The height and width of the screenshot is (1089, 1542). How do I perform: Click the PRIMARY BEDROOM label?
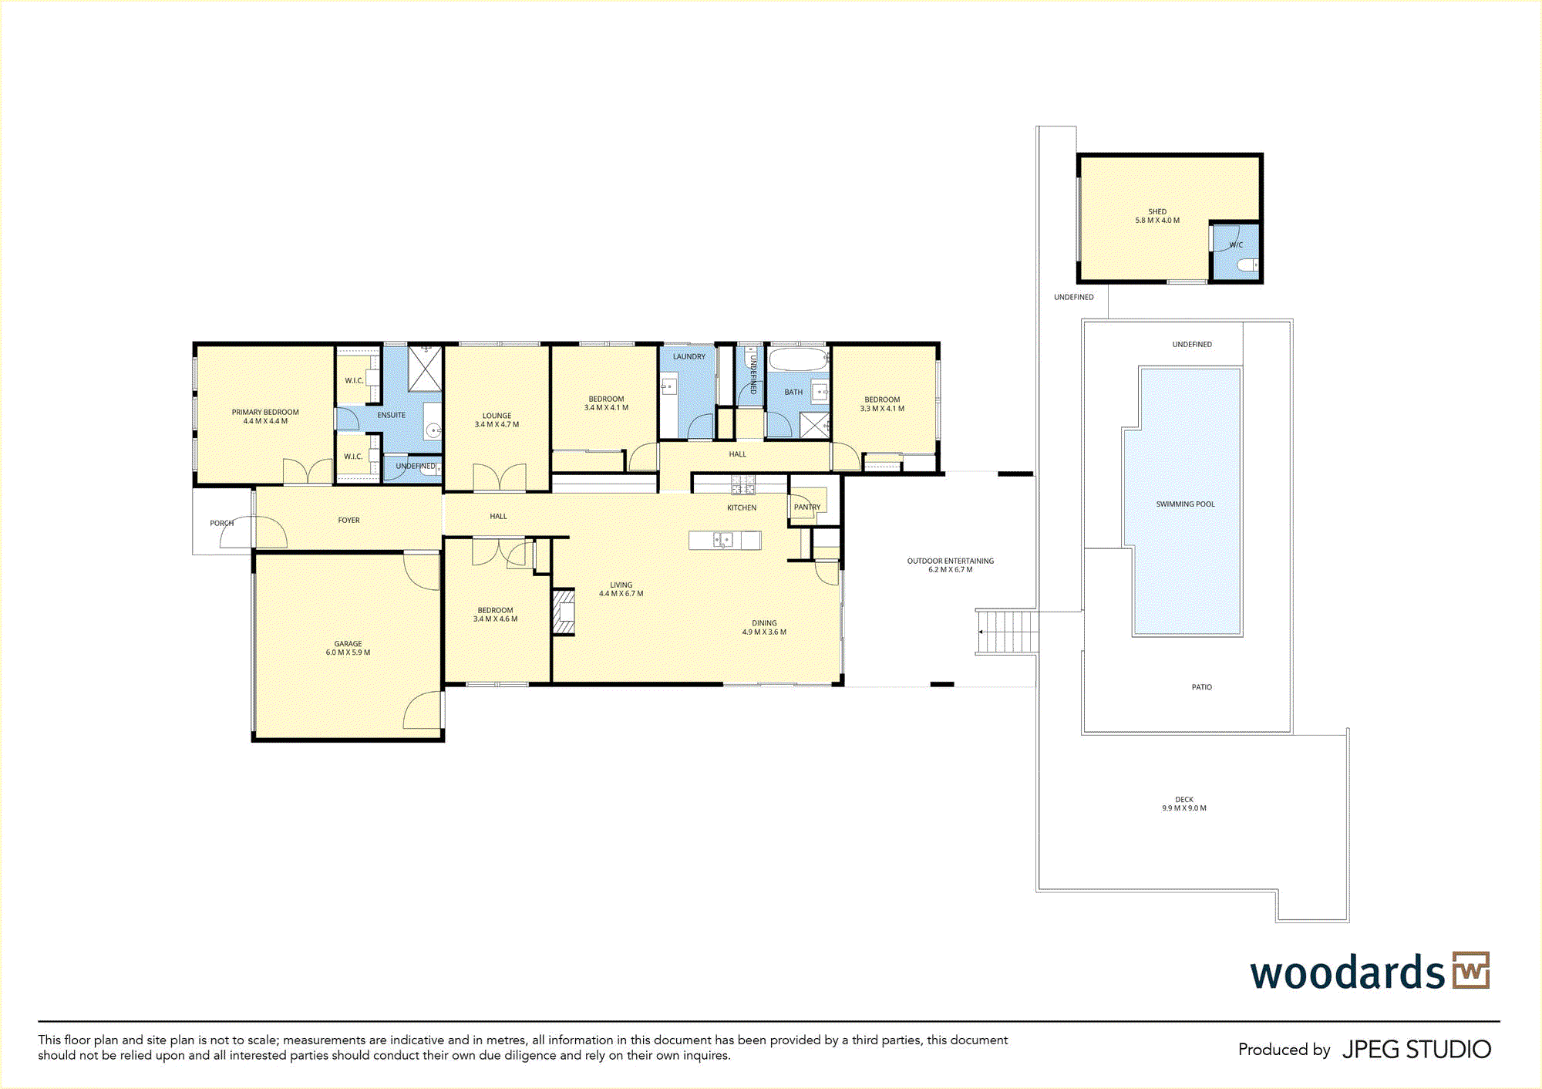(265, 412)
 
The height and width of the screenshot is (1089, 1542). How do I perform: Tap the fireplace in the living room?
(564, 612)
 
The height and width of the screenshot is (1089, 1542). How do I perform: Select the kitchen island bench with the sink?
(725, 540)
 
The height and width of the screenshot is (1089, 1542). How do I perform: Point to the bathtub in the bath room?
(798, 359)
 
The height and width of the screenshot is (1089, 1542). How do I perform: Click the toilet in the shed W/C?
(1247, 266)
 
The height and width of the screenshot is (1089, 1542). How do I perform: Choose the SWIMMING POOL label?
(1185, 504)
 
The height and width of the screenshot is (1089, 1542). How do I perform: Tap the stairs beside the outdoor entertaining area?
(1007, 632)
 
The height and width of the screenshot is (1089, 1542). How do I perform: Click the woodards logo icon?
(1471, 970)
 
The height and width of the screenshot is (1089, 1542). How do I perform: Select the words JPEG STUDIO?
(1416, 1050)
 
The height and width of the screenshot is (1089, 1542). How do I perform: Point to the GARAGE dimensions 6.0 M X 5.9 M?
(348, 652)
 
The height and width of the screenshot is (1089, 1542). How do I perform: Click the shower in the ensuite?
(425, 369)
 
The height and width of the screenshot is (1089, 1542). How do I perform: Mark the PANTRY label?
(807, 507)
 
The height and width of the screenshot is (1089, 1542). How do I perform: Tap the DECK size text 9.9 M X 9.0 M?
(1184, 808)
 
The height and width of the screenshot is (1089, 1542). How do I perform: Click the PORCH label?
(221, 523)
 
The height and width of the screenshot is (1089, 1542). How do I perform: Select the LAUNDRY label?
(689, 356)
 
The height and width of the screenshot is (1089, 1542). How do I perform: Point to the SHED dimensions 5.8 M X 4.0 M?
(1157, 221)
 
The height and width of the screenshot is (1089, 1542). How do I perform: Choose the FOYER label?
(348, 520)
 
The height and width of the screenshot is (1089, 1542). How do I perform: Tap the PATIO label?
(1201, 687)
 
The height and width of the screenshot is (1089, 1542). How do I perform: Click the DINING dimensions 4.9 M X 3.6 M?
(764, 632)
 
